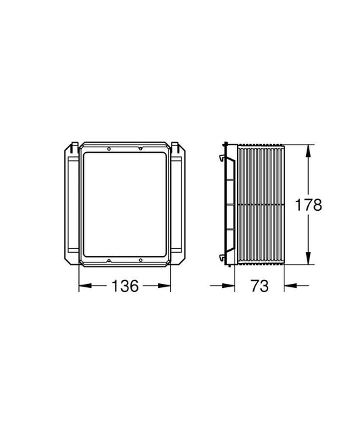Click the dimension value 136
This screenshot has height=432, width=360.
click(125, 286)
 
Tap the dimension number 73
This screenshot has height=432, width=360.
click(259, 286)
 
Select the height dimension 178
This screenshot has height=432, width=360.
click(308, 205)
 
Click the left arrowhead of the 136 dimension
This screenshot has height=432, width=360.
click(85, 286)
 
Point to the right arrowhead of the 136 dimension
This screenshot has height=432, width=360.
click(164, 286)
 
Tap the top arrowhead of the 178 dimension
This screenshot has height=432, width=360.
click(308, 151)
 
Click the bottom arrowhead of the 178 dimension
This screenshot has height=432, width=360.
click(308, 258)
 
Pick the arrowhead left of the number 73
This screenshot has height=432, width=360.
click(228, 286)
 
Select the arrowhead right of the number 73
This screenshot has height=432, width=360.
click(290, 286)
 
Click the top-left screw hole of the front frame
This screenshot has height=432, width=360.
click(109, 149)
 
